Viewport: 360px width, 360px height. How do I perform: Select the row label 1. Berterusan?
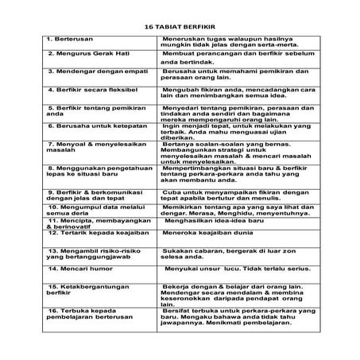click(x=71, y=38)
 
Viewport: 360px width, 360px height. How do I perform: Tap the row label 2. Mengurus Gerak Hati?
click(x=83, y=53)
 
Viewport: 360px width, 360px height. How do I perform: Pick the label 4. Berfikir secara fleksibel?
click(x=88, y=86)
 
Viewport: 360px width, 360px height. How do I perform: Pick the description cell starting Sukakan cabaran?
click(x=230, y=253)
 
